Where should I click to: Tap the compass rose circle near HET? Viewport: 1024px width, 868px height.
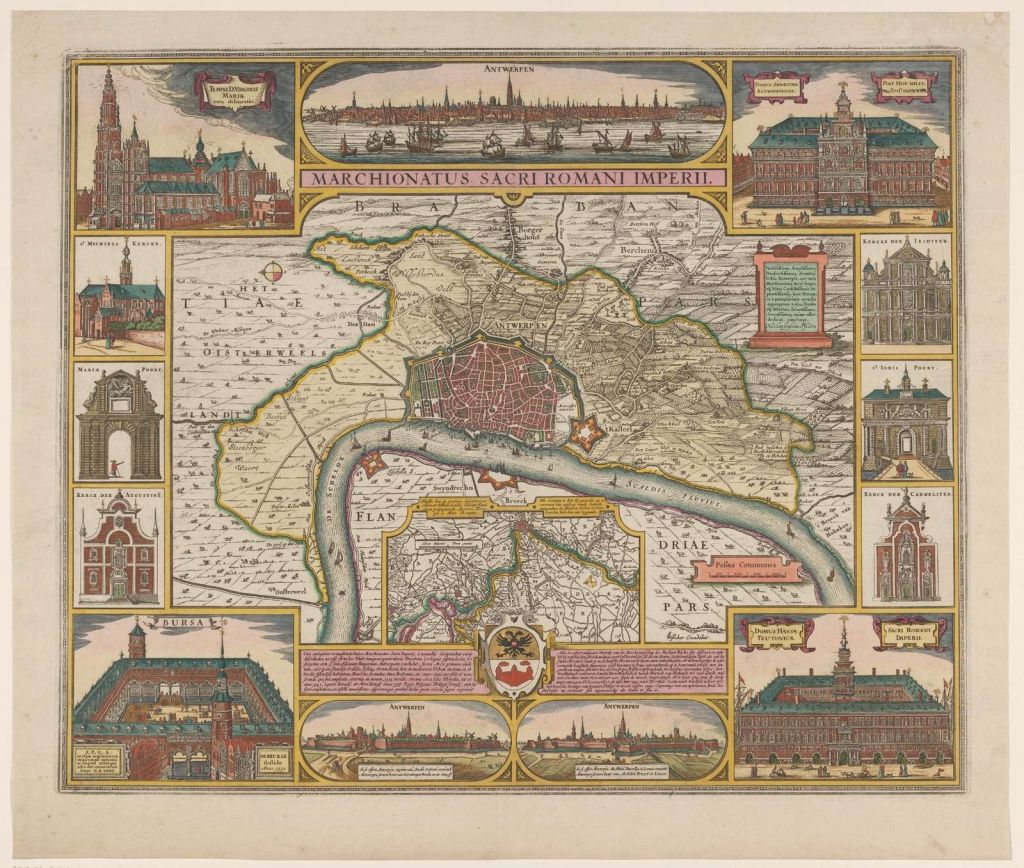273,271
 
